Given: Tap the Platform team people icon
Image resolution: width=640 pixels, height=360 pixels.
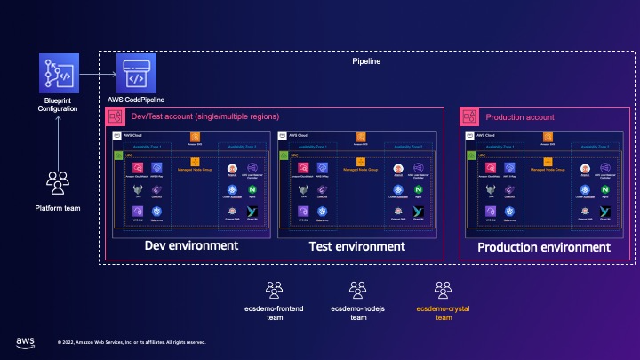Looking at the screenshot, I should coord(58,184).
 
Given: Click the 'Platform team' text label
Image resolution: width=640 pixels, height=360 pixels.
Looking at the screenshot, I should coord(58,209).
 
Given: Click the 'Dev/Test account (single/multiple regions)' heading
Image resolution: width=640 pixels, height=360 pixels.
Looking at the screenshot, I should coord(205,117).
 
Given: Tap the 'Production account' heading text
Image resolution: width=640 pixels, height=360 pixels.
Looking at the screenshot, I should coord(519,117).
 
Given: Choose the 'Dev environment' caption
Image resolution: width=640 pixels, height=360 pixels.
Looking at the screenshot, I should coord(191,245).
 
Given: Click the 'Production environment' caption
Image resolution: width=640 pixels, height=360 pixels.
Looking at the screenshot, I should coord(544,247).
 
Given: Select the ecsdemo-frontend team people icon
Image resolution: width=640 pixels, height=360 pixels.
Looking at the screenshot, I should coord(275,289).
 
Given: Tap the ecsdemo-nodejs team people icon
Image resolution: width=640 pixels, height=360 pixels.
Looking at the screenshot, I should coord(357,289).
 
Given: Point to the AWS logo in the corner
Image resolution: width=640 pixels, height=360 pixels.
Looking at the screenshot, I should coord(25,340).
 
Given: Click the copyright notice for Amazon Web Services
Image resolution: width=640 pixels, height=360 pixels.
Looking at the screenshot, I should coord(132,341).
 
